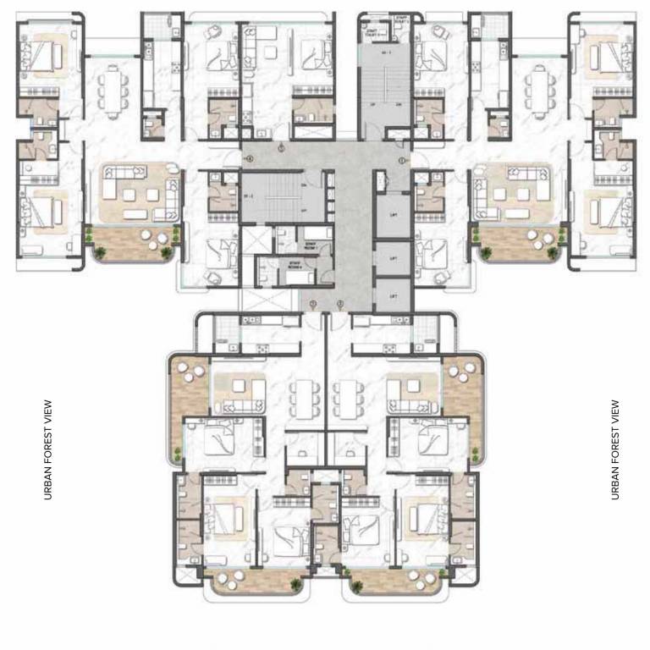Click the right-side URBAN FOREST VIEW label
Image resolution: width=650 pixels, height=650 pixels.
pyautogui.click(x=615, y=449)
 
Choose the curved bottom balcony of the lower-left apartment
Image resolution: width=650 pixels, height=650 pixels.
pyautogui.click(x=251, y=581)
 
